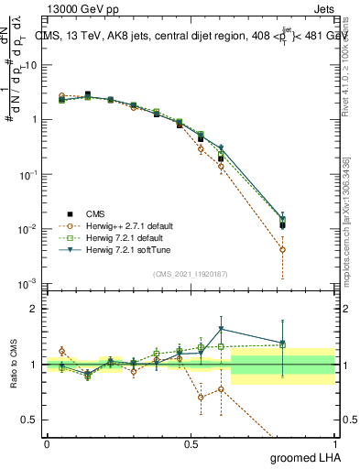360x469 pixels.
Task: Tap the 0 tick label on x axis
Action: pyautogui.click(x=47, y=442)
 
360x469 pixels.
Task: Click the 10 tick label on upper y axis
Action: pyautogui.click(x=31, y=65)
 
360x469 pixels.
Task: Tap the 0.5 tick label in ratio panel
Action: pyautogui.click(x=32, y=420)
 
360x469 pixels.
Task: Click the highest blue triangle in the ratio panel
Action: pyautogui.click(x=221, y=329)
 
